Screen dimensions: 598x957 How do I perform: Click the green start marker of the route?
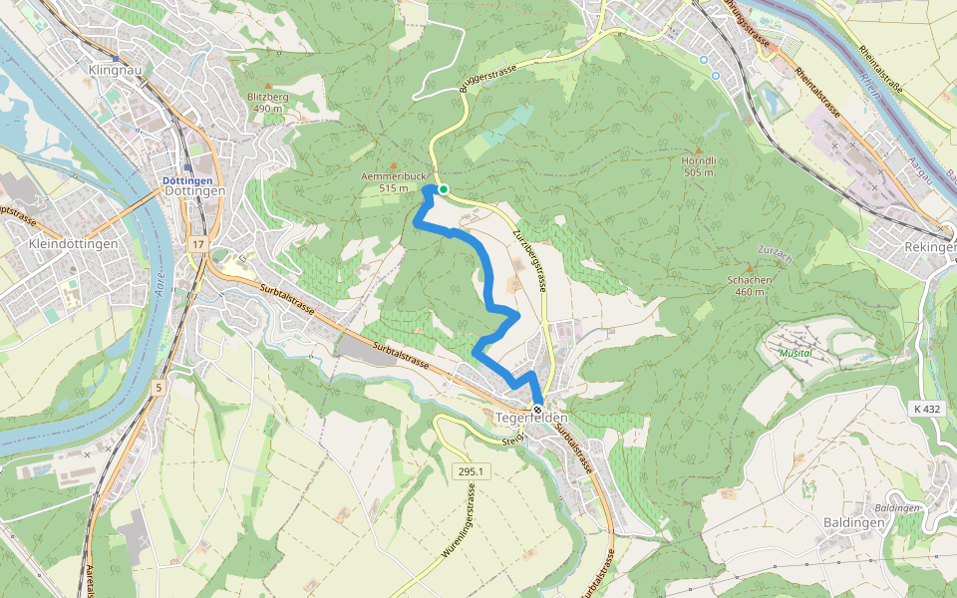[444, 189]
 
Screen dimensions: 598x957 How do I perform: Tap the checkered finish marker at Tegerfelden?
[537, 410]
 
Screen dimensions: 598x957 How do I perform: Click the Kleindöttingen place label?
[75, 244]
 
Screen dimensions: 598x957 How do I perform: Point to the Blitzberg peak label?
[267, 96]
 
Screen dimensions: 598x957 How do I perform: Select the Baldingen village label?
[854, 522]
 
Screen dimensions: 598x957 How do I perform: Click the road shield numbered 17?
[198, 244]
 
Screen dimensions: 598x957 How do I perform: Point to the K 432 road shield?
[926, 409]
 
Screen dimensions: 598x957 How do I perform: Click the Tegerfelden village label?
[530, 421]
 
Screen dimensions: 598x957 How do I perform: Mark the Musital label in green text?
[796, 353]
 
